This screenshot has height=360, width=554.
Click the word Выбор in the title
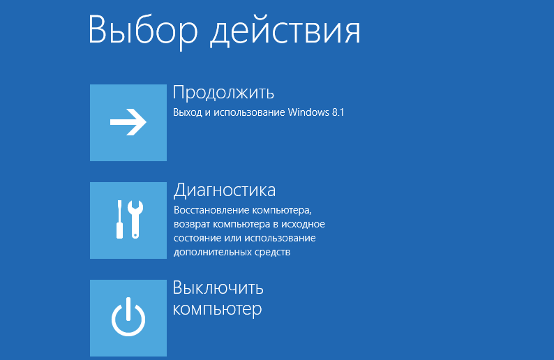pyautogui.click(x=143, y=31)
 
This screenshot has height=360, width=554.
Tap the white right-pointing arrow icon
pyautogui.click(x=128, y=122)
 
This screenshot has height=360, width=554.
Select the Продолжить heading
pyautogui.click(x=223, y=93)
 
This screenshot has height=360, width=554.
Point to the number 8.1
pyautogui.click(x=338, y=112)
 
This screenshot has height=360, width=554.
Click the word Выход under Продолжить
pyautogui.click(x=187, y=113)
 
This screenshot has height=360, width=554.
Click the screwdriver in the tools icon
pyautogui.click(x=119, y=219)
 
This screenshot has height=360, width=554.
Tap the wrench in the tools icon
pyautogui.click(x=135, y=219)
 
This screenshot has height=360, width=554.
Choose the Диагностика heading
pyautogui.click(x=225, y=190)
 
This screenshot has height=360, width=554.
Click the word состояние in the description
pyautogui.click(x=197, y=238)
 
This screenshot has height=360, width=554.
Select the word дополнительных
pyautogui.click(x=213, y=253)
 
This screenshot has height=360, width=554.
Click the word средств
pyautogui.click(x=273, y=253)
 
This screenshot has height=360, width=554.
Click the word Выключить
pyautogui.click(x=218, y=288)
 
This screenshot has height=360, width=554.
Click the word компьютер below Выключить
pyautogui.click(x=217, y=309)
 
